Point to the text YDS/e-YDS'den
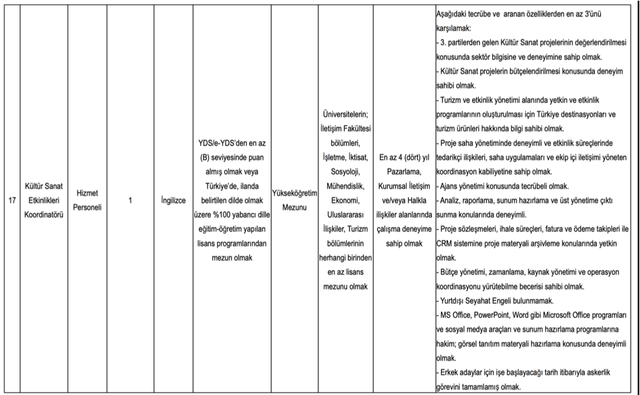[x=218, y=143]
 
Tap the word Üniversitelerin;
[x=343, y=114]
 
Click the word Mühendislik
[x=343, y=186]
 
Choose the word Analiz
[x=452, y=200]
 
